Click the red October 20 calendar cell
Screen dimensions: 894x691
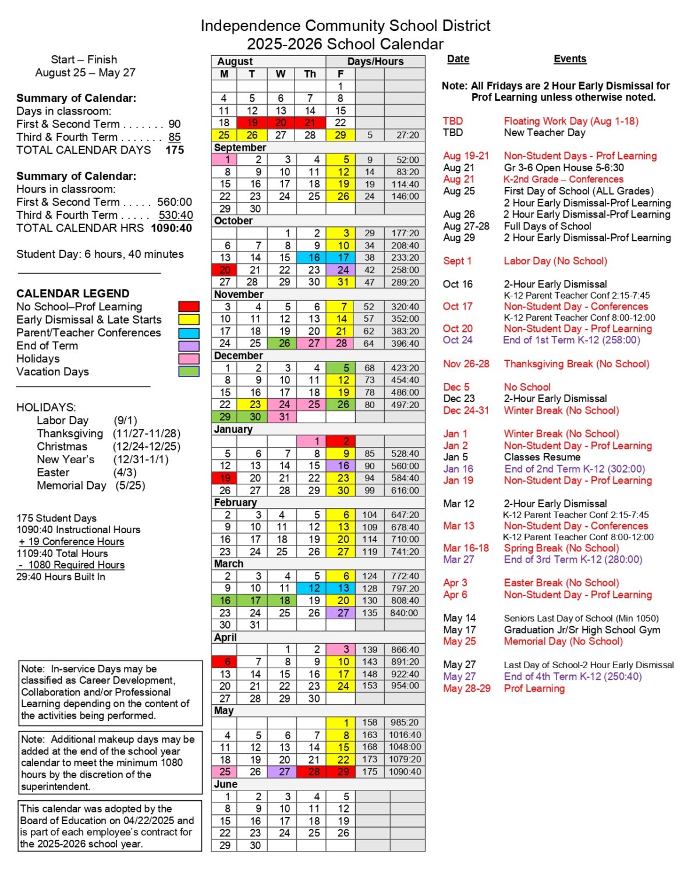coord(225,270)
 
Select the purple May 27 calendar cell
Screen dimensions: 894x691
coord(284,772)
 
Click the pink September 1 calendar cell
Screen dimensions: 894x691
coord(225,159)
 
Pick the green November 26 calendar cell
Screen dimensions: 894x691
coord(284,343)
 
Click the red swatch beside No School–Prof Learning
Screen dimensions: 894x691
coord(189,307)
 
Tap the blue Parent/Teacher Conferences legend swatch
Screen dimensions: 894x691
coord(189,333)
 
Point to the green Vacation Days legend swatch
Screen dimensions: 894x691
coord(189,371)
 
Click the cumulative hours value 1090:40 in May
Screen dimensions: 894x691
coord(405,772)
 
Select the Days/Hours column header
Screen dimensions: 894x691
coord(375,61)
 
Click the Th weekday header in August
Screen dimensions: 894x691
coord(310,74)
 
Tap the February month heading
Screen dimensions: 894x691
coord(235,502)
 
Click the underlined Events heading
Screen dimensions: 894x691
coord(569,59)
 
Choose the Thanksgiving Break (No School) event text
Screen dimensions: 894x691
coord(576,364)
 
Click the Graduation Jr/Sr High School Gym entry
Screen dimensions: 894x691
coord(582,630)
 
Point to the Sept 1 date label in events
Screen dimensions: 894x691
coord(457,261)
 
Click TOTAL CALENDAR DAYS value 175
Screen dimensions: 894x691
coord(175,150)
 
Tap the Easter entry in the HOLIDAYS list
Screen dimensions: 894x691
coord(53,473)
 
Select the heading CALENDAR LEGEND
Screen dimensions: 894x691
coord(73,293)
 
